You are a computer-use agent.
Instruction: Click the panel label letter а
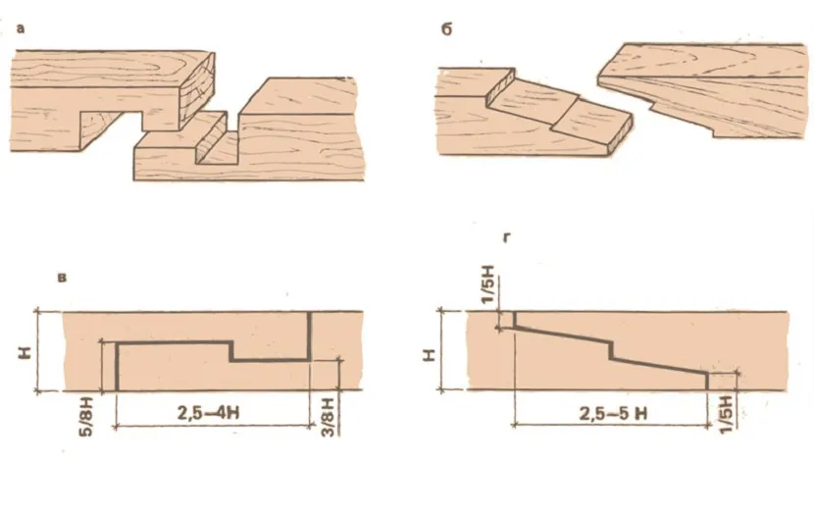coord(21,28)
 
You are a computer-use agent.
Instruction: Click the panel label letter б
coord(447,29)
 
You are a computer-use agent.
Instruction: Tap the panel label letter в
coord(63,278)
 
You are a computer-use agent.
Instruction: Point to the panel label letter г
coord(507,237)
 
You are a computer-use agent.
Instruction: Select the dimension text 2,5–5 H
coord(614,414)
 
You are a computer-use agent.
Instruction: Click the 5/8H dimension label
coord(87,417)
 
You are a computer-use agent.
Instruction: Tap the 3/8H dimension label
coord(328,417)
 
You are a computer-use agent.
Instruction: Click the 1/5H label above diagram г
coord(488,285)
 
